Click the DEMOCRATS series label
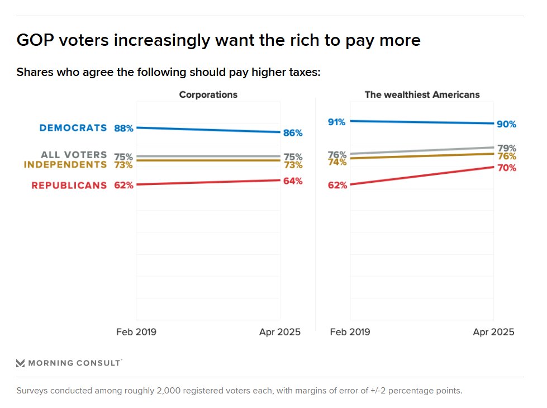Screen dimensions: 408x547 pyautogui.click(x=73, y=127)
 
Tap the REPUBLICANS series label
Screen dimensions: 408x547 pyautogui.click(x=69, y=185)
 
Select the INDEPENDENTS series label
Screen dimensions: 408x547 pyautogui.click(x=65, y=164)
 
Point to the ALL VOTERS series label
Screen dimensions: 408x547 pyautogui.click(x=74, y=155)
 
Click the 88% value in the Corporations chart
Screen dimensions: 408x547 pyautogui.click(x=123, y=128)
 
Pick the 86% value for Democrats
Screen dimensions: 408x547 pyautogui.click(x=293, y=133)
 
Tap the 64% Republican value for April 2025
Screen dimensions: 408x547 pyautogui.click(x=293, y=181)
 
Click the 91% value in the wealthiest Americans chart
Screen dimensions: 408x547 pyautogui.click(x=337, y=121)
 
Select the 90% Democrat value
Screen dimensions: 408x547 pyautogui.click(x=506, y=124)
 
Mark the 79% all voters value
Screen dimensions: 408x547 pyautogui.click(x=506, y=148)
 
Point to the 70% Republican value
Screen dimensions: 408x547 pyautogui.click(x=506, y=168)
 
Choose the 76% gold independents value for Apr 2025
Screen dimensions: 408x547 pyautogui.click(x=506, y=157)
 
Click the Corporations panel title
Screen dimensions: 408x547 pyautogui.click(x=208, y=94)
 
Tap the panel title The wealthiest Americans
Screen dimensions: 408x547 pyautogui.click(x=422, y=94)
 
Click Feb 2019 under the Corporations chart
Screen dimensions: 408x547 pyautogui.click(x=136, y=332)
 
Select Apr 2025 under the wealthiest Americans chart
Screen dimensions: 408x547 pyautogui.click(x=493, y=332)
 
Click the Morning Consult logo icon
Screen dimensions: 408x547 pyautogui.click(x=21, y=363)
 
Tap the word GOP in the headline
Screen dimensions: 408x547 pyautogui.click(x=35, y=40)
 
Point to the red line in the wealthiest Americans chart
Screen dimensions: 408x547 pyautogui.click(x=422, y=175)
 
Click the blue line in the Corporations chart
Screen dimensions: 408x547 pyautogui.click(x=208, y=130)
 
